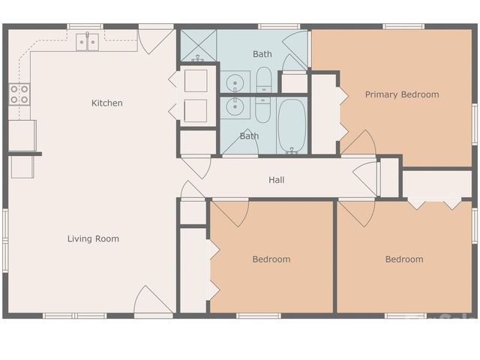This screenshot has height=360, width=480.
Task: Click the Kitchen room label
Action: click(106, 103)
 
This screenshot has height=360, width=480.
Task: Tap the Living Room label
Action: click(93, 238)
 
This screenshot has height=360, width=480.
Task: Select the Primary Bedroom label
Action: click(402, 94)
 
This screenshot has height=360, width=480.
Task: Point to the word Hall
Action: click(276, 180)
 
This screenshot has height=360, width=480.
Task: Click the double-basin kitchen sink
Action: click(87, 42)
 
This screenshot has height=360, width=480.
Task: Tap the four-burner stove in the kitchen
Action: click(19, 94)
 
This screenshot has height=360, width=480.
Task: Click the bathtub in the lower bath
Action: click(292, 125)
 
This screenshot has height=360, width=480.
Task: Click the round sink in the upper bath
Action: click(235, 81)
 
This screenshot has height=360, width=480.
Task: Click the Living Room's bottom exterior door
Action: click(153, 301)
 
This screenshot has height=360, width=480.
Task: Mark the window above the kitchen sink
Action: click(85, 27)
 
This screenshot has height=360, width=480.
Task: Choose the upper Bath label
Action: click(262, 54)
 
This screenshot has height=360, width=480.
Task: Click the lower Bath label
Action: click(249, 136)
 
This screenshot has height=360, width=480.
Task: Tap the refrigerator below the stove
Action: click(22, 136)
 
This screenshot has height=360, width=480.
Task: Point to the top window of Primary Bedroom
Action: click(403, 27)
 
